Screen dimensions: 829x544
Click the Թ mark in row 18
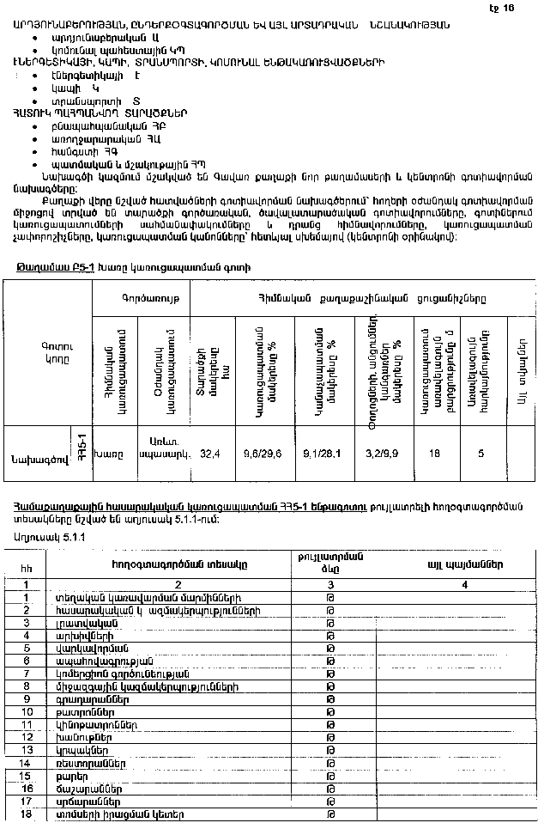pos(330,813)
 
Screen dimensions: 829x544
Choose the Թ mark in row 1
pos(330,596)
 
